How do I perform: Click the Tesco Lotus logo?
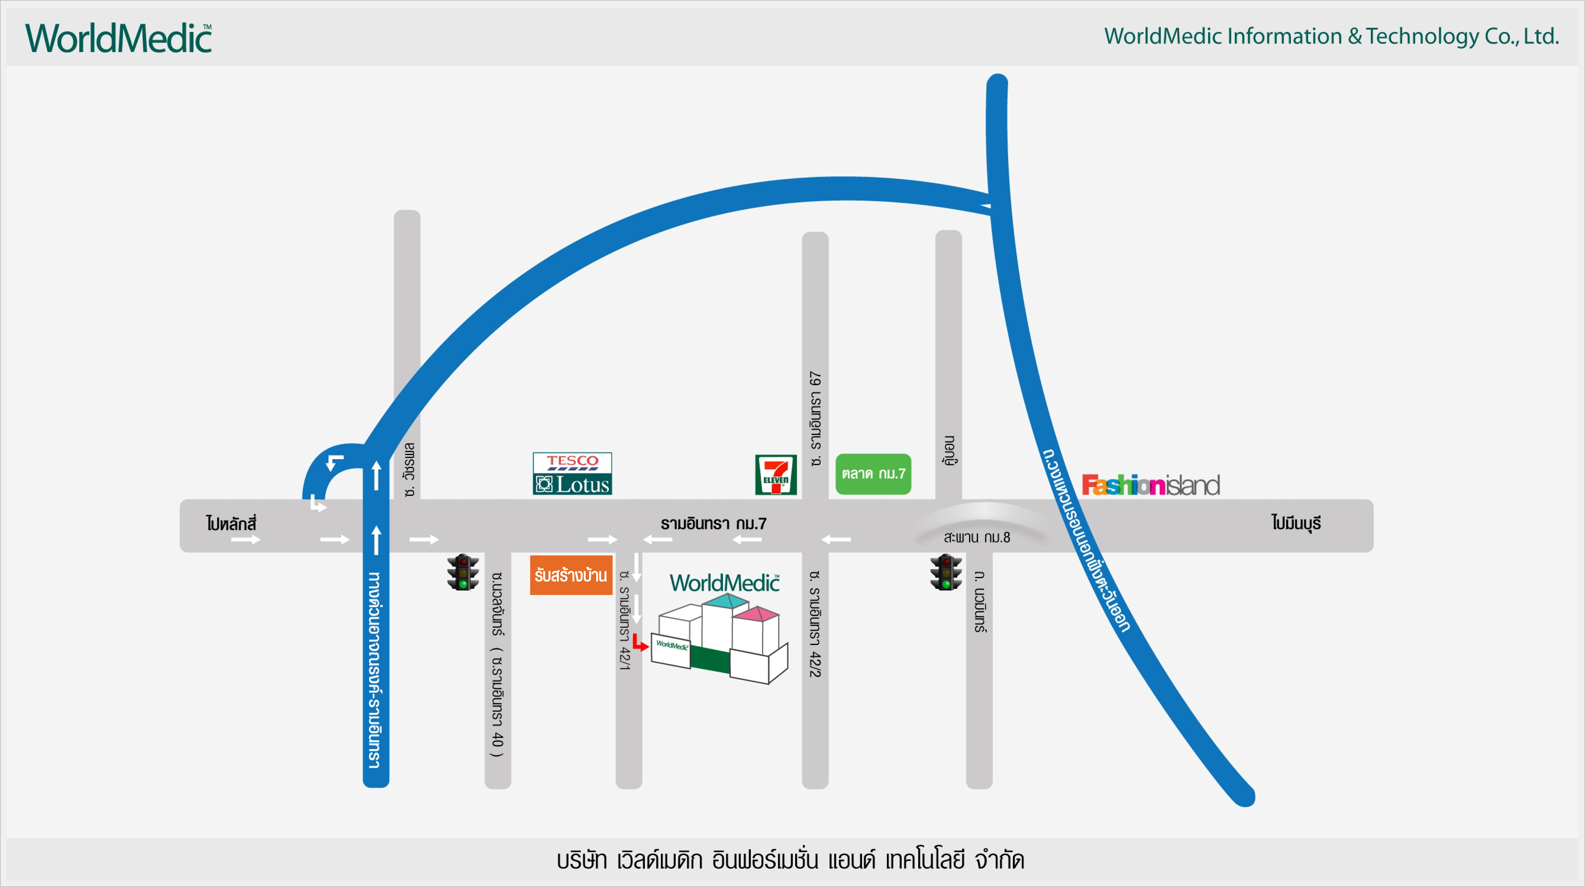pos(572,473)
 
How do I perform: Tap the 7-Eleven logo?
pos(776,475)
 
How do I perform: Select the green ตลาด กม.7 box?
pos(873,474)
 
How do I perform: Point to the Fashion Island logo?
pos(1151,485)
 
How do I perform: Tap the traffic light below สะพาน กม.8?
pos(946,572)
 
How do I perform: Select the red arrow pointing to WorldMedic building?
pos(640,643)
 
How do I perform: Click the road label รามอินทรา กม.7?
pos(714,524)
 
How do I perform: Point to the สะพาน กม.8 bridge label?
pos(977,537)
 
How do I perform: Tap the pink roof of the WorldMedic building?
pos(757,614)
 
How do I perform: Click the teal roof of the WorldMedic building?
pos(726,600)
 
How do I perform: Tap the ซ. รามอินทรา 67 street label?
pos(815,419)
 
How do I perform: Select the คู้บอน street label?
pos(950,451)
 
